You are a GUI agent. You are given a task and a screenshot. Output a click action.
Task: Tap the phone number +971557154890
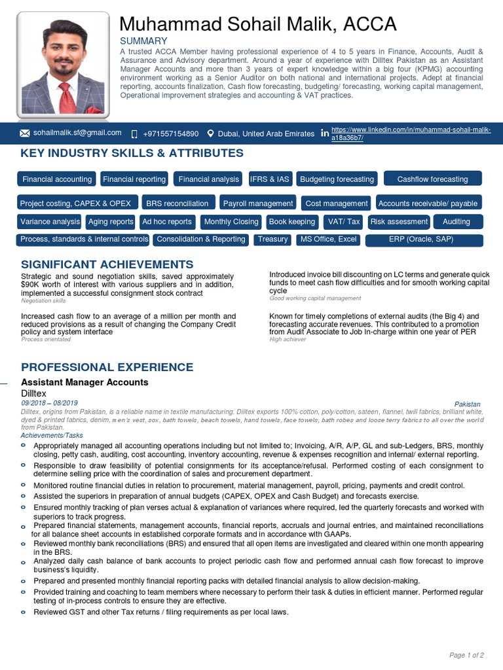coord(170,133)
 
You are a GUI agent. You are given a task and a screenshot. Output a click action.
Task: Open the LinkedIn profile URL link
coord(411,134)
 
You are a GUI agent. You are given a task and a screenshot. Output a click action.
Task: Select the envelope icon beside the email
coord(25,133)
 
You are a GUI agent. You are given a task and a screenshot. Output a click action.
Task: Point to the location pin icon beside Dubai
coord(210,133)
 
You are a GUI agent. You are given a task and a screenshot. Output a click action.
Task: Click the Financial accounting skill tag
coord(57,179)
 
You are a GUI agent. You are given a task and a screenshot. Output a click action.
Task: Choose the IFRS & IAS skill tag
coord(269,179)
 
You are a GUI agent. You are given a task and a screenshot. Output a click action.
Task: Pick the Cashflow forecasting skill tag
coord(432,179)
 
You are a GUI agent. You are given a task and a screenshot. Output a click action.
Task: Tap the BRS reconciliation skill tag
coord(177,203)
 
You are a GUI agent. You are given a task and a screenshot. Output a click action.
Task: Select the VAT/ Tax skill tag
coord(344,222)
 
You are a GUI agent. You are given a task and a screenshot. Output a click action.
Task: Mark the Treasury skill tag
coord(272,239)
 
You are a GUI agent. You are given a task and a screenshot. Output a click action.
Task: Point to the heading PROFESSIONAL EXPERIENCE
coord(107,367)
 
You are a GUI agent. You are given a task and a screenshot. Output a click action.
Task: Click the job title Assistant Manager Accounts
coord(84,382)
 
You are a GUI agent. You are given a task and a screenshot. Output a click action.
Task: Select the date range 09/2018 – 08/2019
coord(50,404)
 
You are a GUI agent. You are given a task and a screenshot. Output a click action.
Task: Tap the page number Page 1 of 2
coord(466,655)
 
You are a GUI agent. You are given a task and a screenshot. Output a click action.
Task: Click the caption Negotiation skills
coord(43,301)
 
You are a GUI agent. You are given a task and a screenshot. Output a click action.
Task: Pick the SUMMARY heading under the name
coord(143,41)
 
